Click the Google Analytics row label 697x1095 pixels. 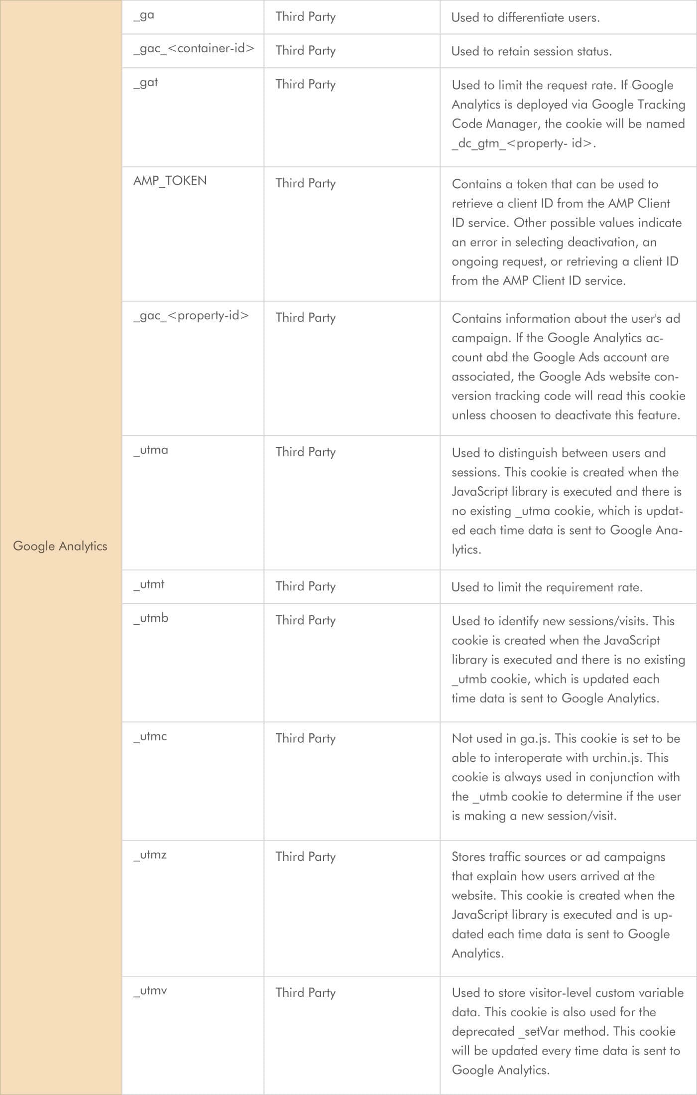(60, 546)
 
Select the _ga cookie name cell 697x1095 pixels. (144, 15)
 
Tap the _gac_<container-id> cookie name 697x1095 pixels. (194, 49)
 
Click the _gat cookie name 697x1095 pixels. (145, 83)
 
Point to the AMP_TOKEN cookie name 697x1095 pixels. (170, 181)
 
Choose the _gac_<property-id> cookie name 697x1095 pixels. (191, 316)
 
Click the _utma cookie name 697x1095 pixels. (151, 450)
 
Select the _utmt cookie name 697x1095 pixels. (149, 584)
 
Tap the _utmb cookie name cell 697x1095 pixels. (151, 618)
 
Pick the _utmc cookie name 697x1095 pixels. (150, 737)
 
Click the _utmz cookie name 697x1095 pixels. (150, 855)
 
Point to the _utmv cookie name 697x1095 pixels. (150, 991)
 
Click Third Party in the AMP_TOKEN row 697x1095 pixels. (305, 183)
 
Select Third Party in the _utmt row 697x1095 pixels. (305, 586)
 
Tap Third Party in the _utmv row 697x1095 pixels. (305, 993)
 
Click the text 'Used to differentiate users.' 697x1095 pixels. (525, 18)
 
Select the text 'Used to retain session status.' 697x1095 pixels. (531, 51)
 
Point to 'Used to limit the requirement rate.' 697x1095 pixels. (547, 587)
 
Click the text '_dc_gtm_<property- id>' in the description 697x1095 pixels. (523, 143)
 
